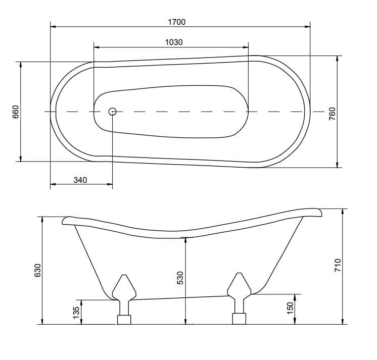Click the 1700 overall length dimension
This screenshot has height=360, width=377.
click(x=177, y=22)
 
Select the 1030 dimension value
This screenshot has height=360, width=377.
click(x=174, y=42)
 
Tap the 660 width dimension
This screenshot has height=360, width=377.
click(x=15, y=112)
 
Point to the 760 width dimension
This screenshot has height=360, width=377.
click(x=332, y=114)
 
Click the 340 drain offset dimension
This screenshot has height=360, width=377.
click(x=80, y=180)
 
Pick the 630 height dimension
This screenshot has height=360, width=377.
click(x=38, y=271)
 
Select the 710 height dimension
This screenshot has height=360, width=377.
click(x=338, y=266)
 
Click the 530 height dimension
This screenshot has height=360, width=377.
click(x=180, y=278)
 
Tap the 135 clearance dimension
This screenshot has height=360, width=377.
click(x=76, y=312)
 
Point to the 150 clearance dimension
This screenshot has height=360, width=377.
click(x=290, y=308)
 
